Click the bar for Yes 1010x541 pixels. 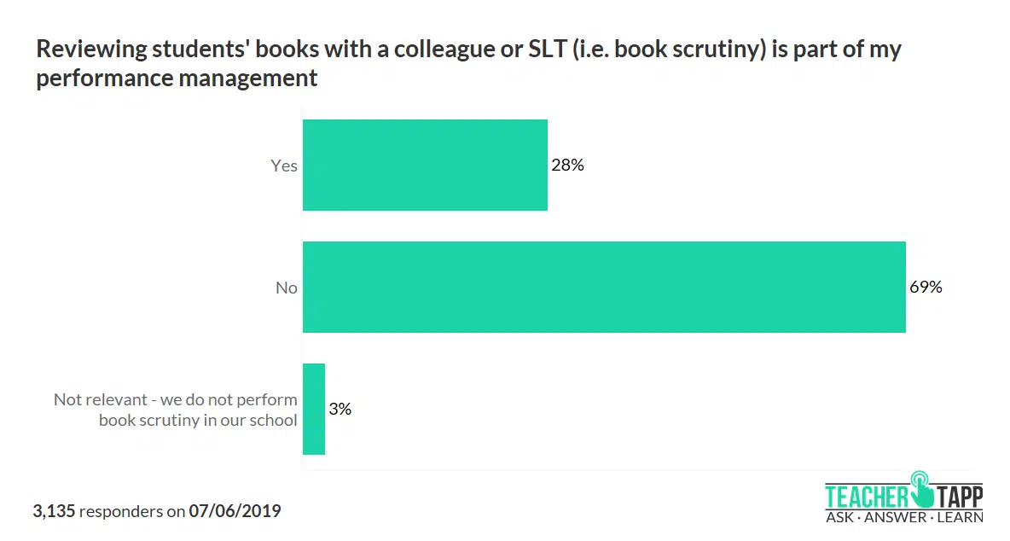click(425, 165)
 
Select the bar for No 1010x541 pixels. click(604, 287)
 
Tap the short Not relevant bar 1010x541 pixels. click(314, 409)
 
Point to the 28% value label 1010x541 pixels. click(567, 165)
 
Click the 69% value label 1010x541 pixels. click(926, 287)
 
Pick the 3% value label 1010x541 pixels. click(340, 409)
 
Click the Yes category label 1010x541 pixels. click(284, 166)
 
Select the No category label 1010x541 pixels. click(287, 288)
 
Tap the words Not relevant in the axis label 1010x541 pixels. click(95, 398)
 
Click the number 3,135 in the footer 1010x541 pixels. click(54, 511)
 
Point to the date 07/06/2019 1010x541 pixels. click(235, 511)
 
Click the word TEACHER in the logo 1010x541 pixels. click(867, 496)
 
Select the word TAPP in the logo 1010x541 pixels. click(960, 496)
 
